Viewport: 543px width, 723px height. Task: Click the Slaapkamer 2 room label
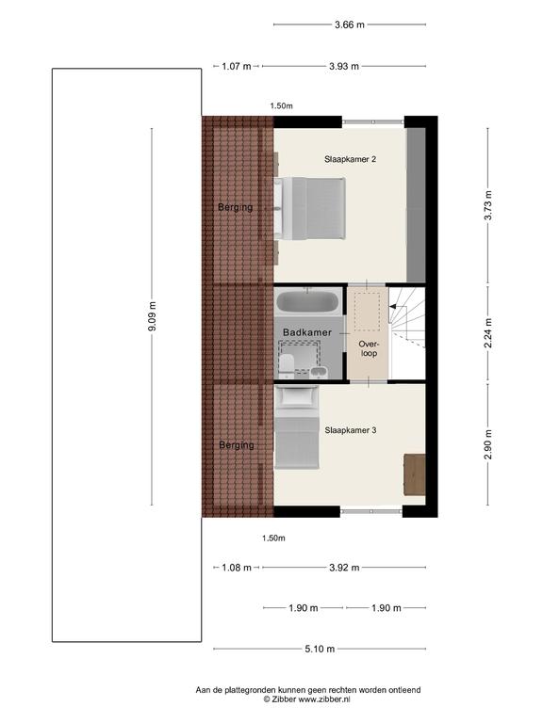tap(350, 159)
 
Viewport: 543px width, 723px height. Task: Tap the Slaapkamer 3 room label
tap(351, 430)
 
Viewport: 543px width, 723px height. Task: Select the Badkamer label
tap(307, 332)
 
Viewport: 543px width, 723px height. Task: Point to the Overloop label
tap(369, 348)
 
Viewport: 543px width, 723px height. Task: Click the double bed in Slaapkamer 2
tap(310, 209)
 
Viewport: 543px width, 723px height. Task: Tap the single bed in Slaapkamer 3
tap(297, 427)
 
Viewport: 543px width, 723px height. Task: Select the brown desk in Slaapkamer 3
tap(414, 474)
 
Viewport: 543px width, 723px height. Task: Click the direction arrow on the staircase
tap(393, 306)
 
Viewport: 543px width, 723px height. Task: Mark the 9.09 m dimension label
tap(153, 316)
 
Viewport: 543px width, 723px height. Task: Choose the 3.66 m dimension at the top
tap(350, 24)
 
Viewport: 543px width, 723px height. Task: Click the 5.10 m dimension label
tap(320, 649)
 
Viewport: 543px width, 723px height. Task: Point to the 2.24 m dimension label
tap(488, 333)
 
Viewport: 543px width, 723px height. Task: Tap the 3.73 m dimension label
tap(488, 205)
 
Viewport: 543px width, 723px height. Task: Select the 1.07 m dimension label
tap(237, 67)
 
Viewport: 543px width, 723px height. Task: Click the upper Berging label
tap(236, 207)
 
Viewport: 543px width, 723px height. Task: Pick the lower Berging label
tap(237, 445)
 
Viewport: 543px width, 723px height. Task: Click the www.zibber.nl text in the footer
tap(324, 699)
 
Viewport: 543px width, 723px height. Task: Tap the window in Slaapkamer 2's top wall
tap(373, 121)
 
